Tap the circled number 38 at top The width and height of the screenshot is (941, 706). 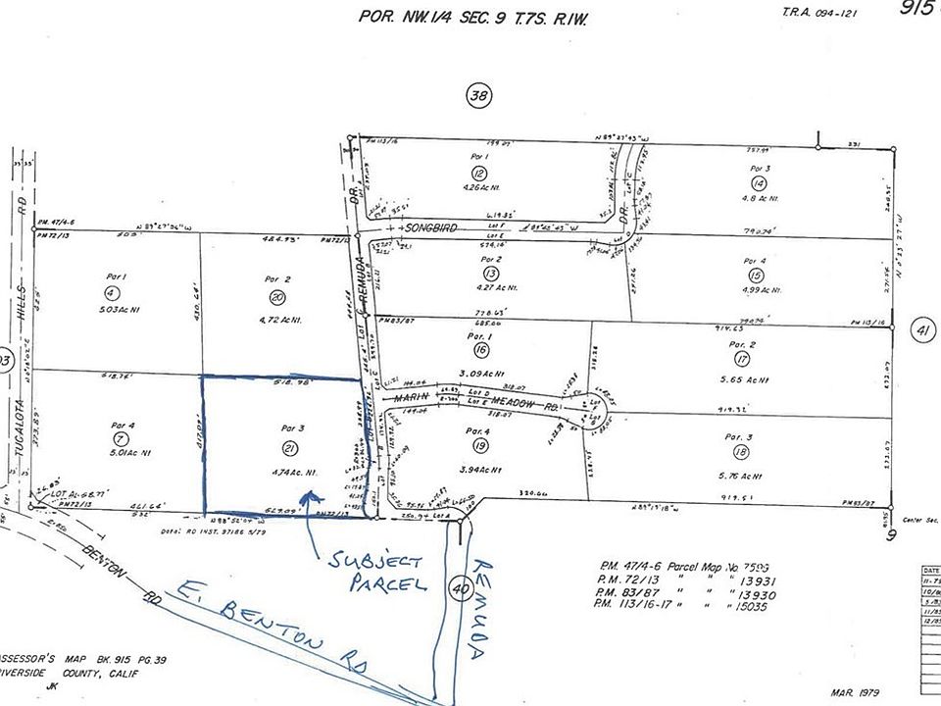(x=477, y=96)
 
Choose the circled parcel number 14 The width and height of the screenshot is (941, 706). (x=758, y=183)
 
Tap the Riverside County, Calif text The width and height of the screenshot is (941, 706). (x=70, y=676)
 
